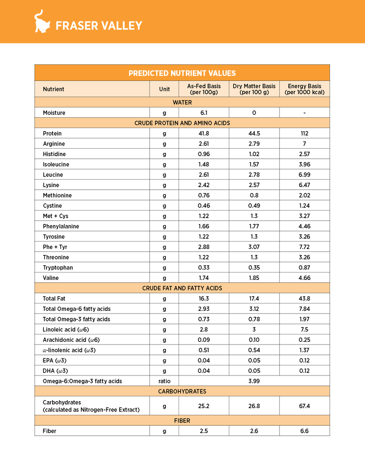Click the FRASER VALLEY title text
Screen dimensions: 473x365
click(99, 26)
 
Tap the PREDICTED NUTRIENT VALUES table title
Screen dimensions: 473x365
click(182, 73)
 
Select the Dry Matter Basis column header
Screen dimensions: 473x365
click(254, 89)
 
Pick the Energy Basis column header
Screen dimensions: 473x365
click(305, 89)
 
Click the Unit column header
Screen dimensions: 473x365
click(164, 89)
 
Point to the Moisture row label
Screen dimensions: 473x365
click(54, 113)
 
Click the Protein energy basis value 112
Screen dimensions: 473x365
click(305, 133)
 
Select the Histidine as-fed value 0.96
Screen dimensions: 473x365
click(203, 154)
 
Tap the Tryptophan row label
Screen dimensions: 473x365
click(58, 267)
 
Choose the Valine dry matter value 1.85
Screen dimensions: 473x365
click(254, 278)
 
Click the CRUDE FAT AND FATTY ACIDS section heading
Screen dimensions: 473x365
click(182, 288)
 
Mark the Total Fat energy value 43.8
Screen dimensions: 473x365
click(305, 299)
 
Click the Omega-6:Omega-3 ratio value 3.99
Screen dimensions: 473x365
click(254, 381)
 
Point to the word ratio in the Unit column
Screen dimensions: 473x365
click(164, 381)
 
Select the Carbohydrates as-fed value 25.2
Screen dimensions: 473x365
click(203, 406)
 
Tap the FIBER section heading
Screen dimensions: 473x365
click(182, 421)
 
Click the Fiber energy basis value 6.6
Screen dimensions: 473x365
click(305, 431)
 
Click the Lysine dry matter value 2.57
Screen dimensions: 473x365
click(254, 185)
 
